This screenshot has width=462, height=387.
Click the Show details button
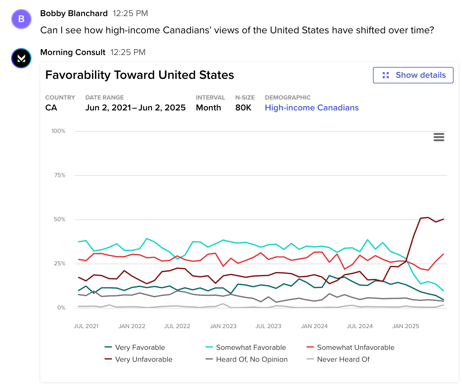point(413,75)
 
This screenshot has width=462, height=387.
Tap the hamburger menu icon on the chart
point(439,137)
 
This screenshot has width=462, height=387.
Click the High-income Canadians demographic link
point(312,108)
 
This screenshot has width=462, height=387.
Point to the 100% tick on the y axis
point(59,131)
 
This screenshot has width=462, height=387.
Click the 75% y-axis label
point(60,175)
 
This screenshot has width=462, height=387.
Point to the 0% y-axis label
point(61,308)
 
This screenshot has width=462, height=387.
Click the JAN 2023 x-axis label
point(223,326)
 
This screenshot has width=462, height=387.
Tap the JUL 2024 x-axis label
point(360,326)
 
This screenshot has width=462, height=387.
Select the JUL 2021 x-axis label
point(86,326)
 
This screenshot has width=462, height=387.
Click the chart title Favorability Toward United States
point(140,75)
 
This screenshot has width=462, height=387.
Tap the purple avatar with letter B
point(21,19)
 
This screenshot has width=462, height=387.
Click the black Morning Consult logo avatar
point(21,58)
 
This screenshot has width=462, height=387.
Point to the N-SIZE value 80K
point(243,108)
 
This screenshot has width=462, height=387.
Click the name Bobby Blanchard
point(74,13)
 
